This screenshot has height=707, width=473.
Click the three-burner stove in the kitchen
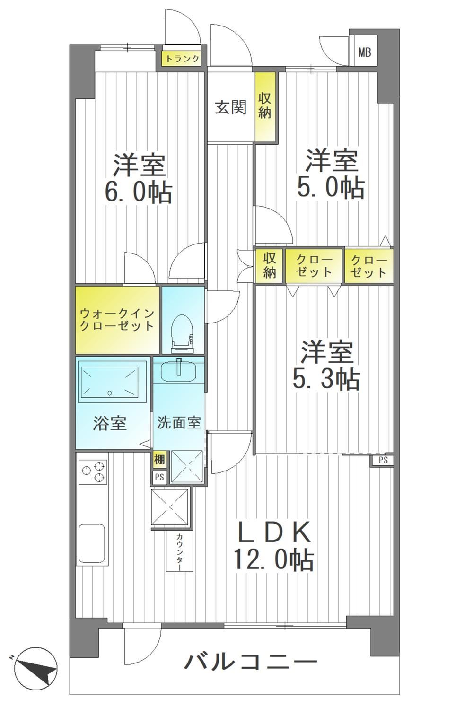93,471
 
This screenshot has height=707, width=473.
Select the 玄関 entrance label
231,108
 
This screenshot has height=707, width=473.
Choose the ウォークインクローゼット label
117,320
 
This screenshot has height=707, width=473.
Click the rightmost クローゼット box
369,266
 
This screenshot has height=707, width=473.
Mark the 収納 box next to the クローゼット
269,266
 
